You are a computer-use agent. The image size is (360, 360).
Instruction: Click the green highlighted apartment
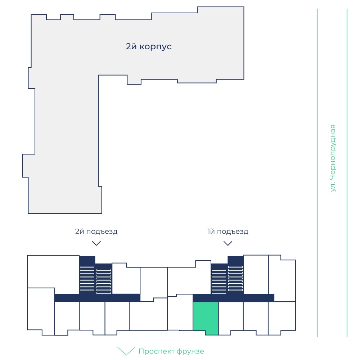pos(206,318)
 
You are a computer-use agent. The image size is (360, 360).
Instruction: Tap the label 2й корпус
pos(149,46)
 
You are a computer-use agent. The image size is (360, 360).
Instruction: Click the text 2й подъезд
pos(96,231)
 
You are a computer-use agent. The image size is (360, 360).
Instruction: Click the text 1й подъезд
pos(228,231)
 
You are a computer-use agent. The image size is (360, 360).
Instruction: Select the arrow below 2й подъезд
pos(96,243)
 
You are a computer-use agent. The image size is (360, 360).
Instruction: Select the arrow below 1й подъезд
pos(228,243)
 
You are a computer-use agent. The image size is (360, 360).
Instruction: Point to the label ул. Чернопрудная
pos(332,158)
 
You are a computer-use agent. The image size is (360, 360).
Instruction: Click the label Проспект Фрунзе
pos(171,351)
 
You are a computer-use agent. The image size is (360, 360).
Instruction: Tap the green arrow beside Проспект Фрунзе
pos(126,351)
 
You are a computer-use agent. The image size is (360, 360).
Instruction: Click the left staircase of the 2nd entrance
pos(87,278)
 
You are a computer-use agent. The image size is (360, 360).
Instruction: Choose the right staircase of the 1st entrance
pos(235,278)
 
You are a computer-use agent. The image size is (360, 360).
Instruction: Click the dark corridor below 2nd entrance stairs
pos(97,298)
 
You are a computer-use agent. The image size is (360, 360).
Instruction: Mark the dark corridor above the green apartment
pos(234,298)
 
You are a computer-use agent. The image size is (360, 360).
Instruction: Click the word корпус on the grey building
pos(156,47)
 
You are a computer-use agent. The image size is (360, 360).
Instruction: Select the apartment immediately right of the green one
pos(231,318)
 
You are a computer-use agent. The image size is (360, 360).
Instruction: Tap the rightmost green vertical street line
pos(347,173)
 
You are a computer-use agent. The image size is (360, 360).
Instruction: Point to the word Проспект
pos(156,351)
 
